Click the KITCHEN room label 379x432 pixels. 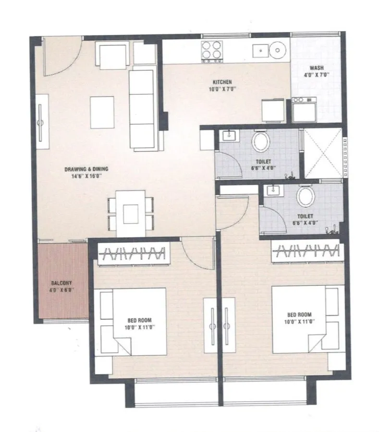[222, 82]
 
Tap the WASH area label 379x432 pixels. [317, 68]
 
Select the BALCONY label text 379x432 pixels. [61, 283]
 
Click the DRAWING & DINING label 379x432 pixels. [86, 169]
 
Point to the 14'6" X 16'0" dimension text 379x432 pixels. [86, 176]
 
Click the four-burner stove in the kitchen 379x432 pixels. [212, 51]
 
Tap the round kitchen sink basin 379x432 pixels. [278, 51]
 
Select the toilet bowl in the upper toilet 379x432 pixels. [260, 141]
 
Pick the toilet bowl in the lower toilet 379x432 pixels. [306, 196]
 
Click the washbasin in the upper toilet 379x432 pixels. [229, 136]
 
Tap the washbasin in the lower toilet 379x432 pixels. [273, 191]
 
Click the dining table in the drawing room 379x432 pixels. [131, 214]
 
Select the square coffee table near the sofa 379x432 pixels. [102, 112]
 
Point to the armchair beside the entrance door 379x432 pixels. [113, 55]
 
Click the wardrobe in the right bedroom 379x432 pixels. [307, 251]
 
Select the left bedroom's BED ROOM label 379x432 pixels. [139, 320]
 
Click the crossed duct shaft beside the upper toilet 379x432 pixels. [323, 153]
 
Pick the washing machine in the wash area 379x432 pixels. [304, 110]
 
